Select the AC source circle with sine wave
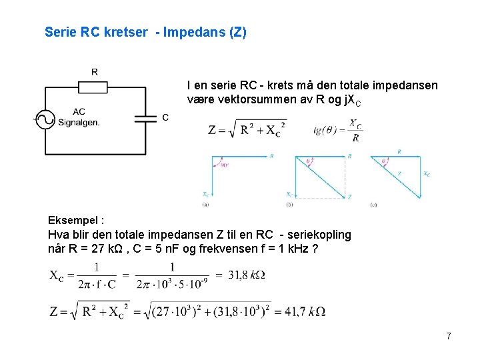click(x=44, y=119)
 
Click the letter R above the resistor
click(x=94, y=72)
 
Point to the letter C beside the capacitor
click(x=165, y=118)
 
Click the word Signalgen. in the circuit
click(x=79, y=123)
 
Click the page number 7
click(x=449, y=336)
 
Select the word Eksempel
click(x=72, y=220)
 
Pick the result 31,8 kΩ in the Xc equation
click(x=247, y=275)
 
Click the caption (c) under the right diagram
click(x=373, y=204)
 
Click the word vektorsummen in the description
click(x=243, y=101)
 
